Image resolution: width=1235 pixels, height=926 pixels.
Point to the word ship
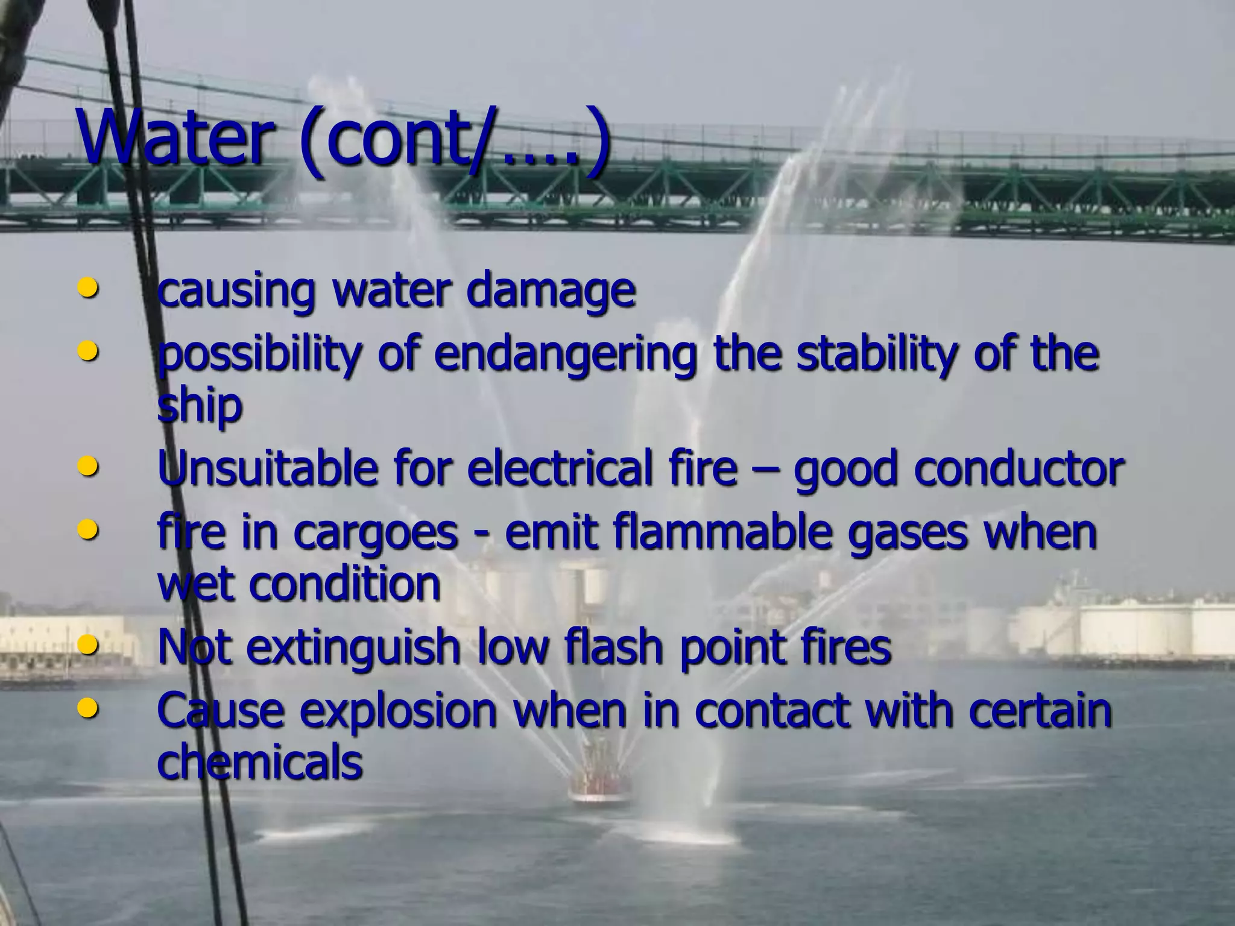pos(199,406)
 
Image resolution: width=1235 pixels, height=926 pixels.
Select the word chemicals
pos(259,761)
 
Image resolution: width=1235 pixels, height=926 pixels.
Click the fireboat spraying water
pos(597,784)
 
